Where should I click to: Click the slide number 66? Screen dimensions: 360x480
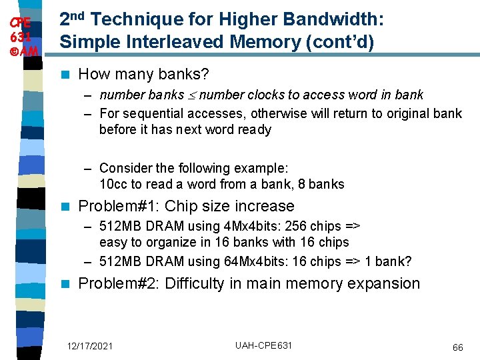click(x=457, y=347)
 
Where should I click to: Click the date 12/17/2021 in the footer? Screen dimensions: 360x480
click(x=90, y=346)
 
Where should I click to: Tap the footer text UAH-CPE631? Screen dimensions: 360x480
click(x=263, y=345)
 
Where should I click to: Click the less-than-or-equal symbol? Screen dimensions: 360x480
click(x=191, y=95)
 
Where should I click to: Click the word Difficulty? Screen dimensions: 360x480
click(x=194, y=283)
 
